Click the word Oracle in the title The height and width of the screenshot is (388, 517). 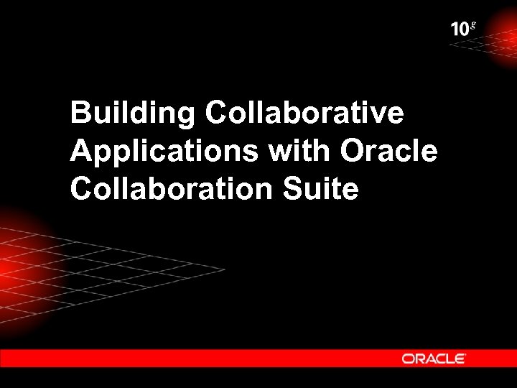click(x=388, y=151)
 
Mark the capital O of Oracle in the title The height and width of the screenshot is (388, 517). click(x=353, y=151)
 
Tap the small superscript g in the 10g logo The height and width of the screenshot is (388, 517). click(x=472, y=25)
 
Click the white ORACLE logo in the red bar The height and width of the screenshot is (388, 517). click(x=434, y=358)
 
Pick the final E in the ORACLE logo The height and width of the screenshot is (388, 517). click(x=460, y=358)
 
